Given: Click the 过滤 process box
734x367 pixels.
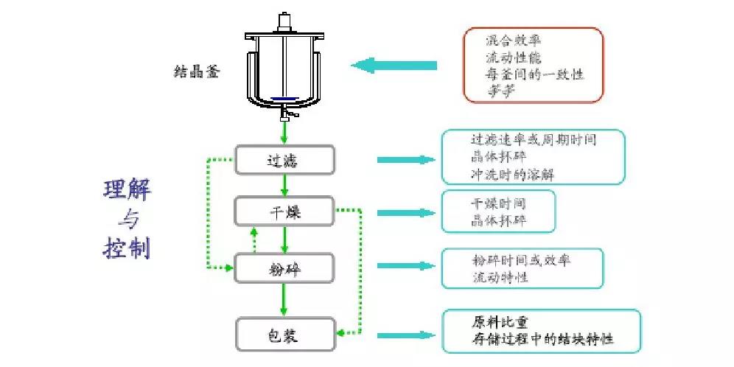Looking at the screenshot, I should pos(284,159).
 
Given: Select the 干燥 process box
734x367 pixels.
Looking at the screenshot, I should pos(284,213).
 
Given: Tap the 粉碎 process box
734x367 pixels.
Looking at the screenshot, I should pos(284,269).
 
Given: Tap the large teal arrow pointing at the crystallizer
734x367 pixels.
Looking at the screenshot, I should pos(394,66).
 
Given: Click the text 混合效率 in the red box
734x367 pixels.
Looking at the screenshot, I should pos(511,40).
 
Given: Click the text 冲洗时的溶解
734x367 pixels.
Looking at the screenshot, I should pos(513,175).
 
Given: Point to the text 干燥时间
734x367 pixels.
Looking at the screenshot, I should pos(498,202).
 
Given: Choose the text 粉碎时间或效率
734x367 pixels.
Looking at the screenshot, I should pos(520,260).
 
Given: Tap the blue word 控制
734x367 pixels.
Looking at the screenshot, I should pos(126,247).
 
